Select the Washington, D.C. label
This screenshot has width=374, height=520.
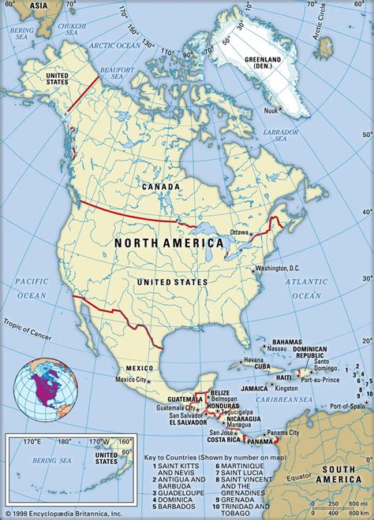282,269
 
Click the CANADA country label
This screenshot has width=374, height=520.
160,187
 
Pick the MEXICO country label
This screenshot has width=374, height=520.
139,368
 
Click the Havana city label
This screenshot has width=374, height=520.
252,360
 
